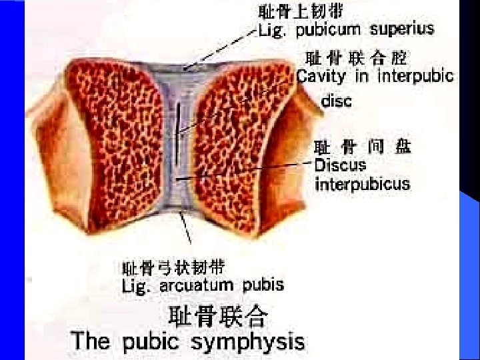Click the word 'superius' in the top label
(402, 29)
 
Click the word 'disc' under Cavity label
(337, 101)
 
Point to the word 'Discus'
(340, 164)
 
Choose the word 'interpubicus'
(362, 183)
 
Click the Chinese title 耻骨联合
(218, 315)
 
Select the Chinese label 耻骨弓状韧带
(174, 268)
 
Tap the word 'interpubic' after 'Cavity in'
(416, 76)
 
